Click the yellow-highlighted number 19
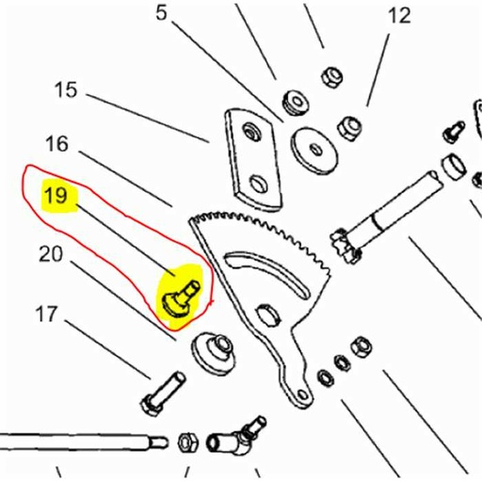coord(56,197)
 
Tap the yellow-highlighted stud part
coord(178,293)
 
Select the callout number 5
coord(161,13)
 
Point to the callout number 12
coord(399,15)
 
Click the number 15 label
coord(65,91)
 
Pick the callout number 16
coord(56,144)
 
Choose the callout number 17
coord(48,313)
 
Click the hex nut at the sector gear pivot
coord(266,314)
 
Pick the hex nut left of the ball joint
coord(187,441)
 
